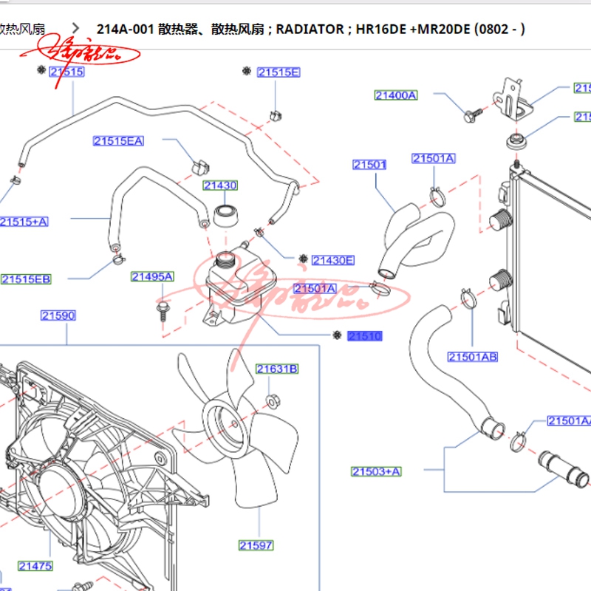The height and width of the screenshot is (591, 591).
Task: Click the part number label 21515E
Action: click(x=278, y=72)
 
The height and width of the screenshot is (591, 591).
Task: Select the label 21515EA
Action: click(x=118, y=141)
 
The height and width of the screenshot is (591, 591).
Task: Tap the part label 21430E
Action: click(x=332, y=260)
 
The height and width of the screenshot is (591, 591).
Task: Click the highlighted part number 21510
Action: click(x=365, y=336)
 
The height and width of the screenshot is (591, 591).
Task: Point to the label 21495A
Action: click(x=152, y=277)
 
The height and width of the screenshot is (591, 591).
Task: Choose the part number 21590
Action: click(x=58, y=316)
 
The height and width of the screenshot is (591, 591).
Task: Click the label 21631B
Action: click(x=277, y=369)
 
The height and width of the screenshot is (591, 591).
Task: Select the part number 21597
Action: click(x=256, y=546)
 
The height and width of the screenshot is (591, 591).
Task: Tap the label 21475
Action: click(x=35, y=567)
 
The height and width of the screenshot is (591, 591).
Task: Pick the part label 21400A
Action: click(x=396, y=95)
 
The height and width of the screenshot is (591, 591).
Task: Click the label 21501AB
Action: click(x=473, y=358)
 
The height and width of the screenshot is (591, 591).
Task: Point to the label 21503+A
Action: click(x=376, y=471)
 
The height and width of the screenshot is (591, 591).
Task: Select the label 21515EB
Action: click(x=26, y=279)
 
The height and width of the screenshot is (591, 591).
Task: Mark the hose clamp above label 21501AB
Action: click(x=468, y=300)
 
